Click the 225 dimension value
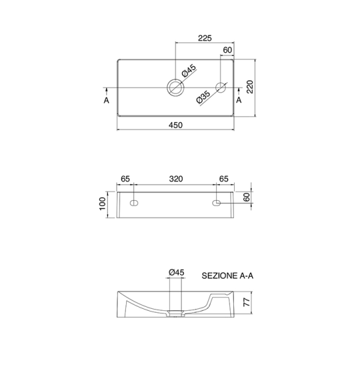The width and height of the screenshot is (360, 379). tap(204, 38)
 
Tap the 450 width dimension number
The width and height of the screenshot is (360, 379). tap(175, 125)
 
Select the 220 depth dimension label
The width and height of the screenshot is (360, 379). tap(249, 86)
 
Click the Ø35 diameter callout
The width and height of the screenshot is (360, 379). tap(203, 97)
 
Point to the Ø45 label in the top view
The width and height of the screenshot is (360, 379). tap(189, 71)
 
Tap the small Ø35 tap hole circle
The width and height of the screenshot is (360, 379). tap(221, 88)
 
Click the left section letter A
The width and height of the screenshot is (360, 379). tap(107, 100)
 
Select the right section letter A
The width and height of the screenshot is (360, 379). tap(239, 100)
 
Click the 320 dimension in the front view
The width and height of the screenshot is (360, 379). tap(175, 179)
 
